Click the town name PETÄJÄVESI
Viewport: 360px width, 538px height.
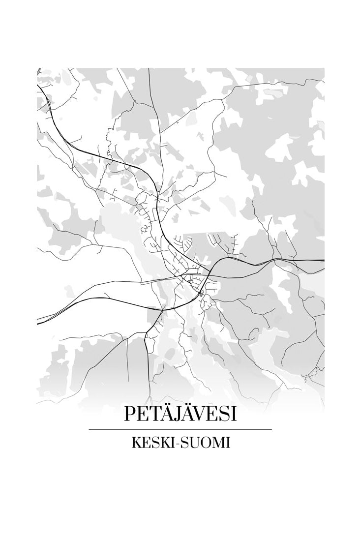180,414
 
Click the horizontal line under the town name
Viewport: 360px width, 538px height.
180,429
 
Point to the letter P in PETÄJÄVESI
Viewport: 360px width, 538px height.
129,414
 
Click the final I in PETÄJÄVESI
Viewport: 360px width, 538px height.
233,414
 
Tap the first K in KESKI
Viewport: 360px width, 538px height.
135,443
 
